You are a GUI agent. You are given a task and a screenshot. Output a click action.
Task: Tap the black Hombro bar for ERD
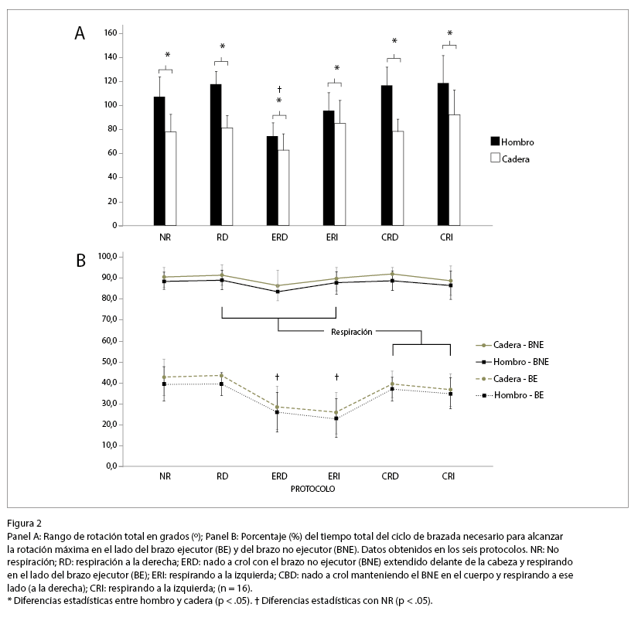[x=272, y=181]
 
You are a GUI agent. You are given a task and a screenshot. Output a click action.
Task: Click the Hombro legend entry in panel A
[x=513, y=142]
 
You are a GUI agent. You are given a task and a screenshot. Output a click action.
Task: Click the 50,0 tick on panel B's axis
[x=104, y=361]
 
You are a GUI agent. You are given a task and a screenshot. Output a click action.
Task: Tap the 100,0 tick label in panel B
[x=102, y=256]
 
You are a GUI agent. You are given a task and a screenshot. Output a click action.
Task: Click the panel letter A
[x=80, y=33]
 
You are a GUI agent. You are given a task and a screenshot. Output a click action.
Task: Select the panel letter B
[x=80, y=261]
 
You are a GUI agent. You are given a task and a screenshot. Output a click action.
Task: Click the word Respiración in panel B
[x=352, y=331]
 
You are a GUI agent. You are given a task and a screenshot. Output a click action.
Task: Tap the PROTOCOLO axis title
[x=313, y=490]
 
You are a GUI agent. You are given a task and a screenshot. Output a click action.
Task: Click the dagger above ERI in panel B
[x=336, y=377]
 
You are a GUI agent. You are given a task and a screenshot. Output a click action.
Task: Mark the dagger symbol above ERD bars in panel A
[x=278, y=90]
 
